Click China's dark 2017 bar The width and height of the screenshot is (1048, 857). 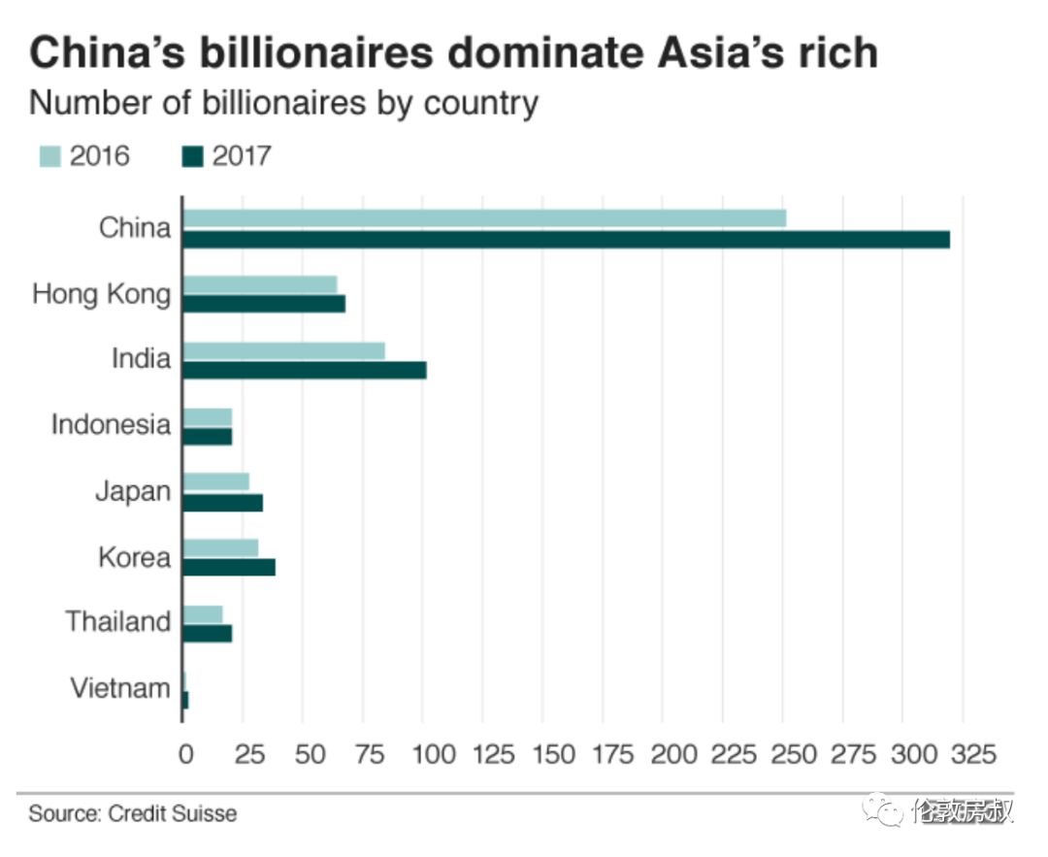(x=566, y=239)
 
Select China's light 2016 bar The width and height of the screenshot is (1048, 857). (x=484, y=218)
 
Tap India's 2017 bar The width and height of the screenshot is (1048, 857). (x=305, y=370)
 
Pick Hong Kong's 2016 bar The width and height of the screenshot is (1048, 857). (x=260, y=284)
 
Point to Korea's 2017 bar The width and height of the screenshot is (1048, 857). (x=229, y=567)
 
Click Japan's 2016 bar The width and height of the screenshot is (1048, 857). (x=216, y=481)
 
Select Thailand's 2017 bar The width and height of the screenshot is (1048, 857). (x=208, y=633)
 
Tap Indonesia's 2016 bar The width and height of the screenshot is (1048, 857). (x=208, y=416)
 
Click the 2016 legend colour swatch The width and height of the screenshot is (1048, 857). (x=49, y=155)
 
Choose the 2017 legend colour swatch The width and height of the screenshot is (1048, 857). (x=193, y=155)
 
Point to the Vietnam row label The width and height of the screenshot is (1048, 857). (x=120, y=688)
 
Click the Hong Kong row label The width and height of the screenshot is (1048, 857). (x=101, y=294)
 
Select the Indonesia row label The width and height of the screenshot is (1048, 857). (x=111, y=425)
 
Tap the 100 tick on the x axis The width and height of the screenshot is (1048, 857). (x=423, y=754)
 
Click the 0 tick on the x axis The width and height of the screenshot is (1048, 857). (x=183, y=754)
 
